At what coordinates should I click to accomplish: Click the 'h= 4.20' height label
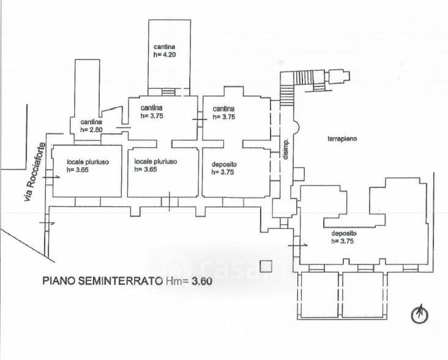(x=165, y=54)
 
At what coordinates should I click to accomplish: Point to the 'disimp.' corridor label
(x=285, y=148)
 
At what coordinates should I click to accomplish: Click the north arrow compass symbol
(x=419, y=314)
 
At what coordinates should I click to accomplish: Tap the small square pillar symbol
(x=265, y=266)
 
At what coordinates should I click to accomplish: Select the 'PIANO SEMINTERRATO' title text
(x=102, y=282)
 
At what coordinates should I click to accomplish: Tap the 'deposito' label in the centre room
(x=224, y=165)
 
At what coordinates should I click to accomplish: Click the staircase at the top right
(x=302, y=78)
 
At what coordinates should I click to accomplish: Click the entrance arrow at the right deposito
(x=294, y=244)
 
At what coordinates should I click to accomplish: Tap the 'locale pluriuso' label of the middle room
(x=156, y=162)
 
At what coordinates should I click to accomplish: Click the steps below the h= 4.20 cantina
(x=168, y=92)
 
